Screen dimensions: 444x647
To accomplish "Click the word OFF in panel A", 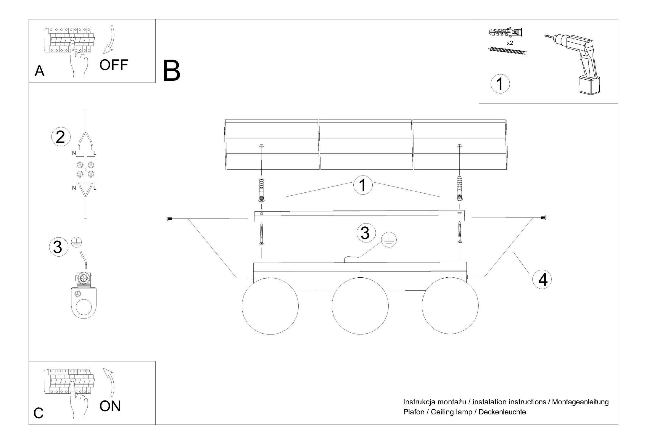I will (x=114, y=65).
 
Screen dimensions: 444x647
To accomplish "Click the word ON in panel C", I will (x=110, y=406).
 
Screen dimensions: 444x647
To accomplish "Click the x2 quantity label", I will (x=510, y=43).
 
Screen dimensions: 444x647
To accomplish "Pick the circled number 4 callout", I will (x=542, y=279).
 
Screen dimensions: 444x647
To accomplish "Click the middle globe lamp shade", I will (x=360, y=306).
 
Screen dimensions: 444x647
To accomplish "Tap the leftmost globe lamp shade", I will (x=270, y=306).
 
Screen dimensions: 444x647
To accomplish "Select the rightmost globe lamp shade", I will (x=450, y=306).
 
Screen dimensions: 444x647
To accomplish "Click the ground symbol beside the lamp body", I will (x=388, y=239).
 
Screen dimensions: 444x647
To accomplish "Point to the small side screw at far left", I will (x=169, y=219).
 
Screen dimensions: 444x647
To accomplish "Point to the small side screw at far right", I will (x=544, y=218).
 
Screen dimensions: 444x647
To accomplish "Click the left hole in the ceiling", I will (x=261, y=146).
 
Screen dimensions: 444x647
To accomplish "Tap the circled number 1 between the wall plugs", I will (x=363, y=185).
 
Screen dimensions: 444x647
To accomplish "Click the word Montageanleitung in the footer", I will (x=580, y=402).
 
